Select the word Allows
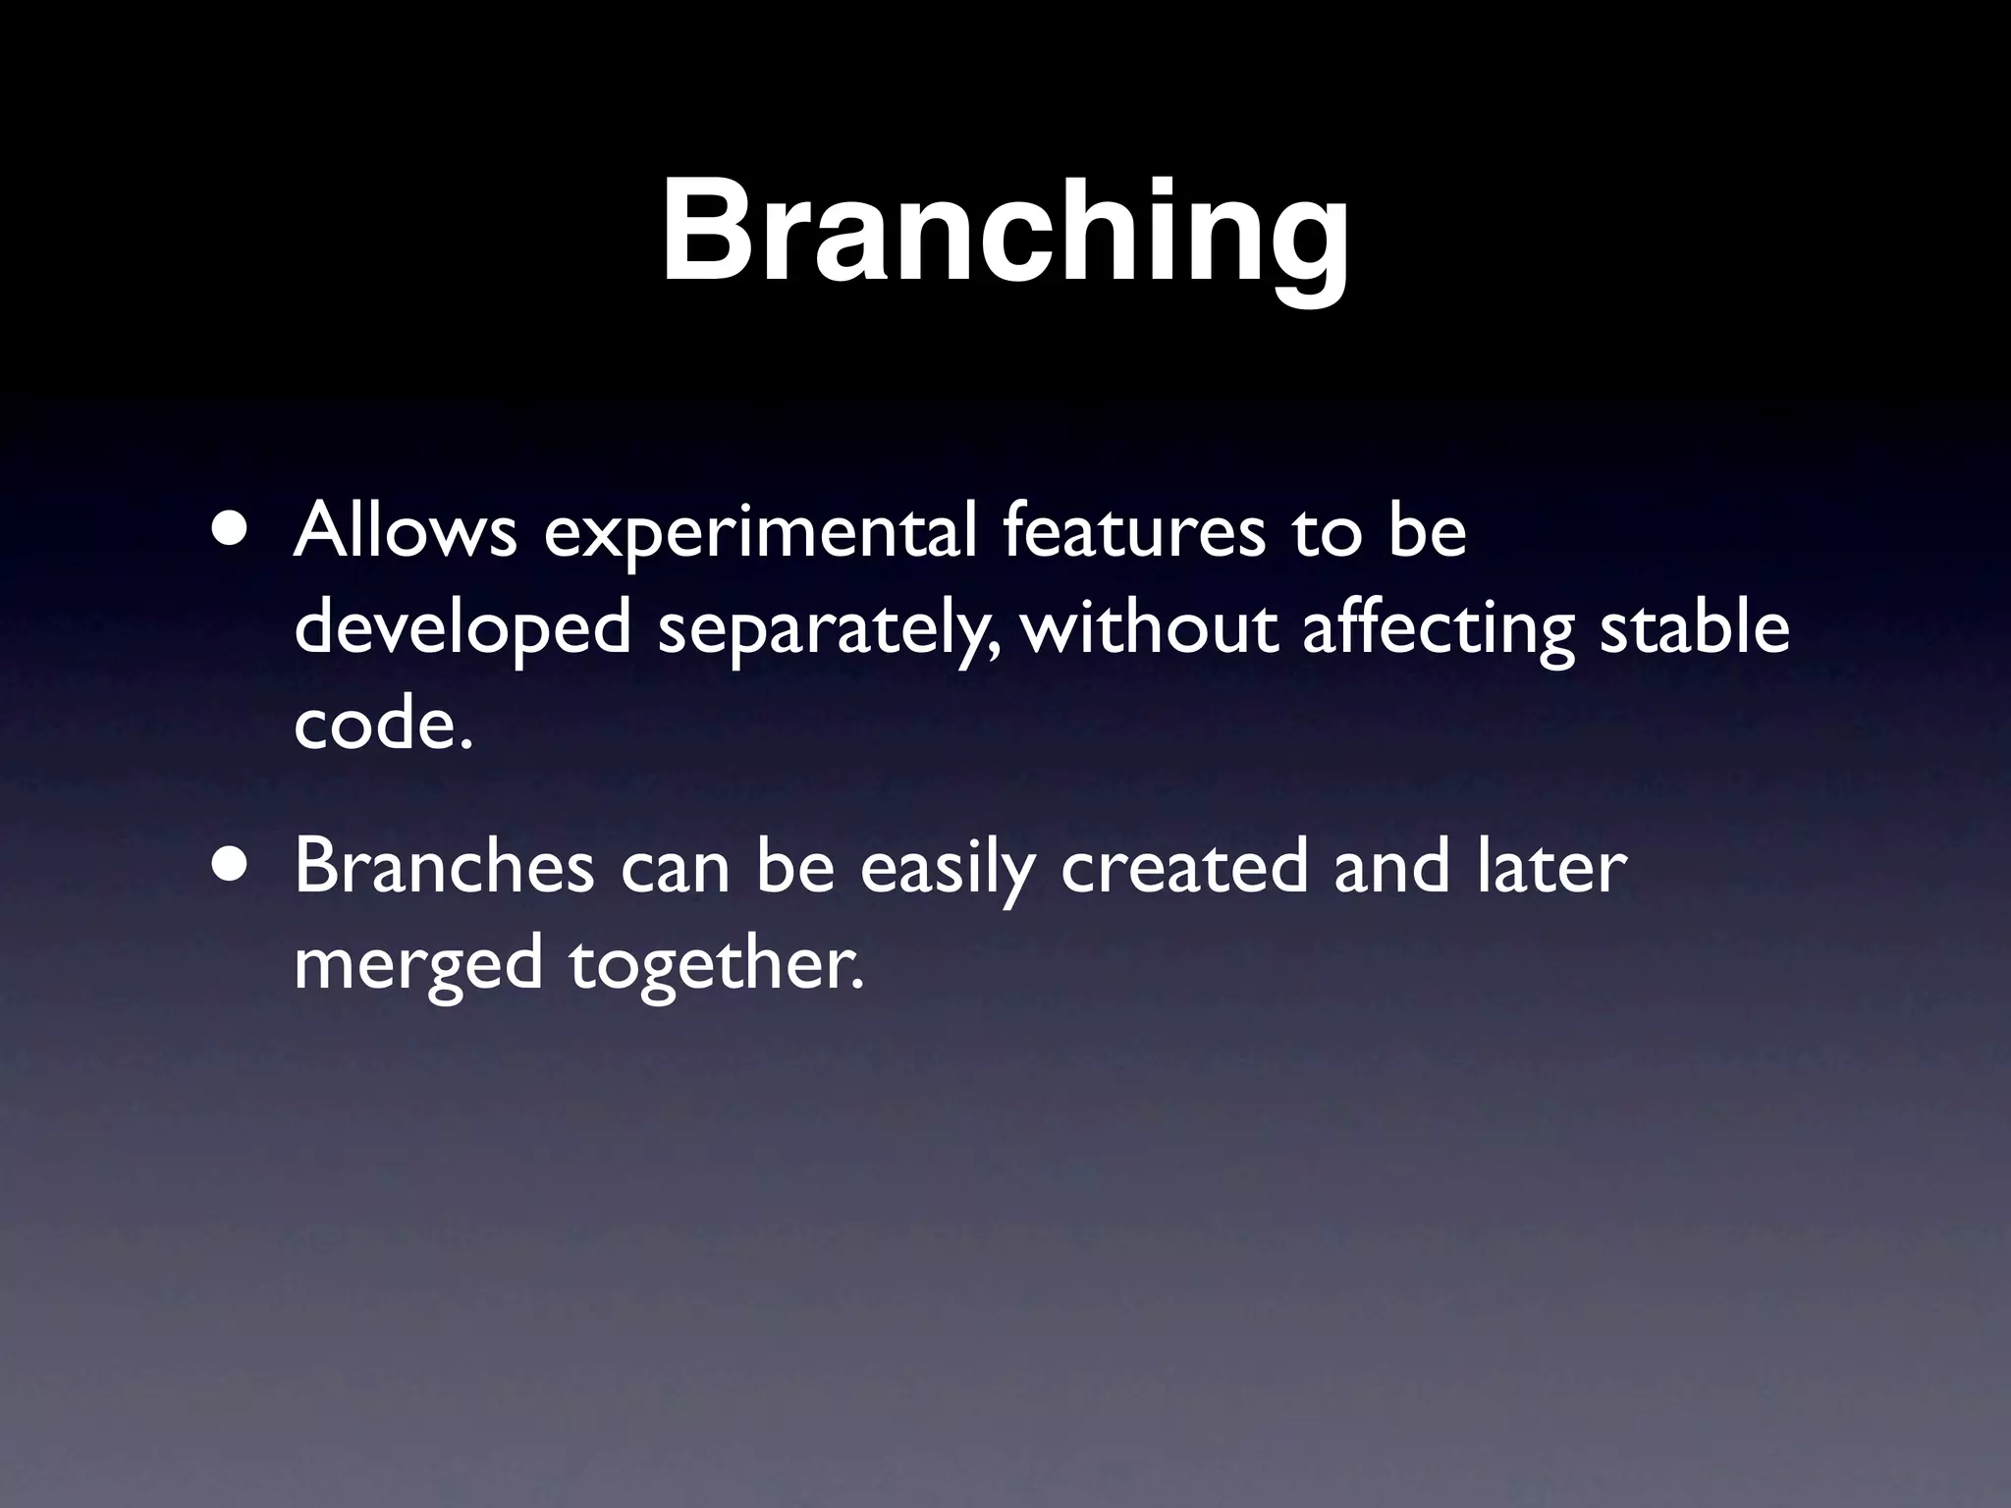(405, 532)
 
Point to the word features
(1133, 532)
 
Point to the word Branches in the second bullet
(444, 866)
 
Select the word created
(1184, 866)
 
